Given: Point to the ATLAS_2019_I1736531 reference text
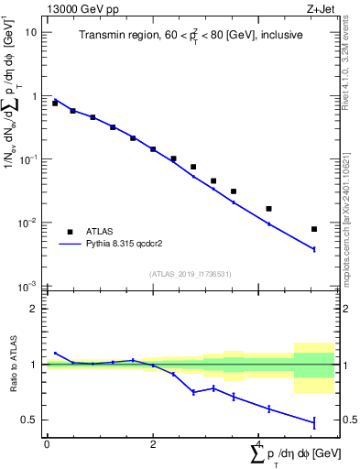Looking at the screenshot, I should (x=190, y=274).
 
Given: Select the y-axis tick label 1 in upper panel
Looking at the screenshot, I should (x=35, y=96).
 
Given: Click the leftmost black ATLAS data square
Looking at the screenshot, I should (x=55, y=104).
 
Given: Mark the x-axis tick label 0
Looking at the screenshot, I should (x=47, y=442).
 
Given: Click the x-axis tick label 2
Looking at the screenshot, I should (x=153, y=442).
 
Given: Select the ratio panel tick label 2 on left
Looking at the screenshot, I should (x=35, y=309).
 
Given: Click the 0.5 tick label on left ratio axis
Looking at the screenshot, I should (x=31, y=420).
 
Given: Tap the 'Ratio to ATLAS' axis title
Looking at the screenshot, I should (x=12, y=364).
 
